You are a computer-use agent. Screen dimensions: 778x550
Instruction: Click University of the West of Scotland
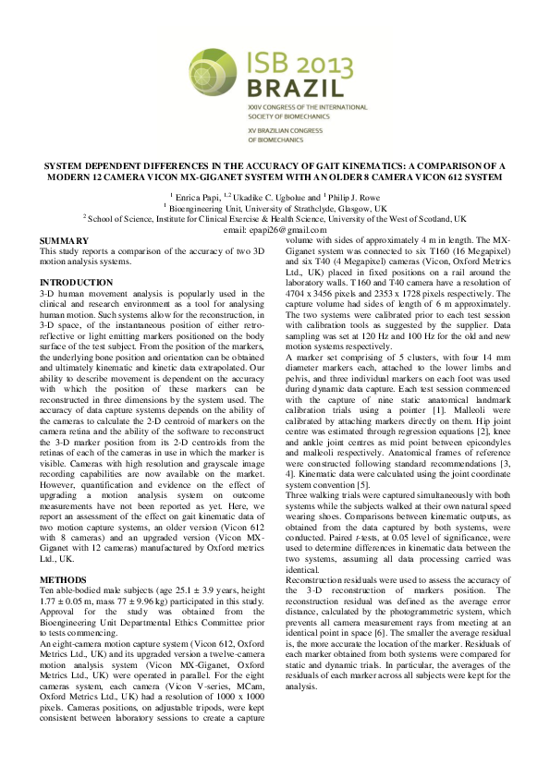click(x=402, y=220)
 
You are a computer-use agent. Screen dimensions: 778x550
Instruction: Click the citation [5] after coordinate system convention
click(x=365, y=484)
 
